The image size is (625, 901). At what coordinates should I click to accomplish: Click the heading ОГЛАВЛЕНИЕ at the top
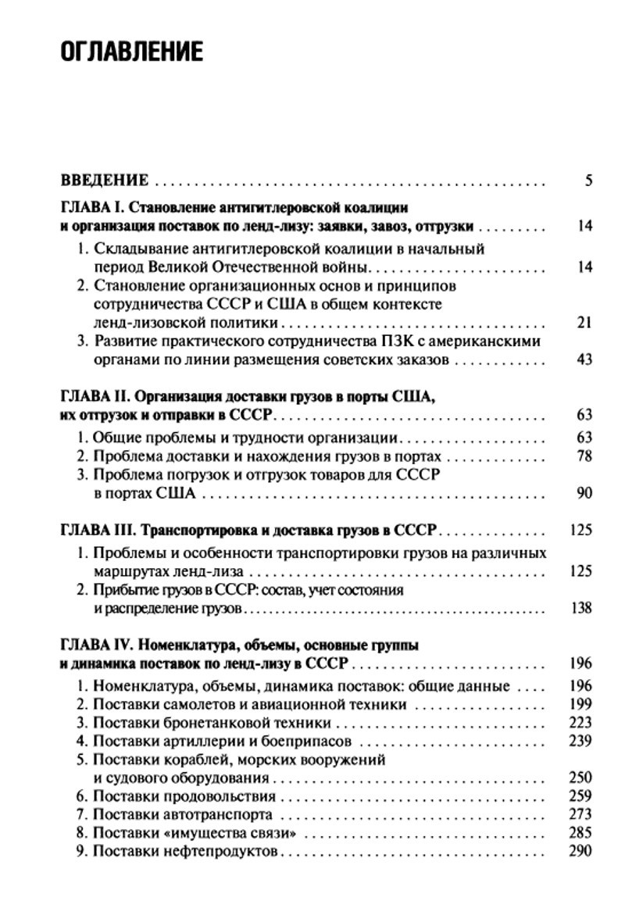click(131, 52)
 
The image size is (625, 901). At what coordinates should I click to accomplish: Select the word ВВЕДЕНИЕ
click(105, 181)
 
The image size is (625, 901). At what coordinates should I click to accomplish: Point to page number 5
click(587, 181)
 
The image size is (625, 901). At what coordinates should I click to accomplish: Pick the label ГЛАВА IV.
click(95, 645)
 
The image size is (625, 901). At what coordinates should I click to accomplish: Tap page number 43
click(583, 359)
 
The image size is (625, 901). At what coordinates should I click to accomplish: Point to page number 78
click(584, 456)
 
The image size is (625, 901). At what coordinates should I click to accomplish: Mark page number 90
click(583, 493)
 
